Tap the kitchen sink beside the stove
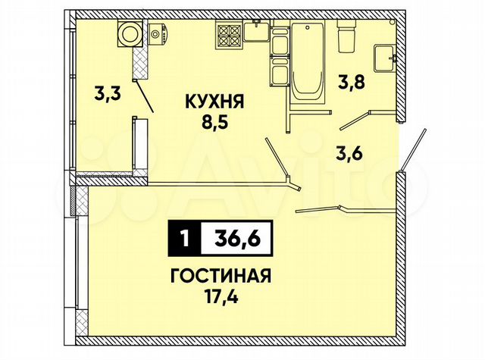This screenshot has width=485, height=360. click(255, 33)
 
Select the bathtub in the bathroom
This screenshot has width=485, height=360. click(308, 61)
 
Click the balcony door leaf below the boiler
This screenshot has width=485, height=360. click(145, 96)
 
